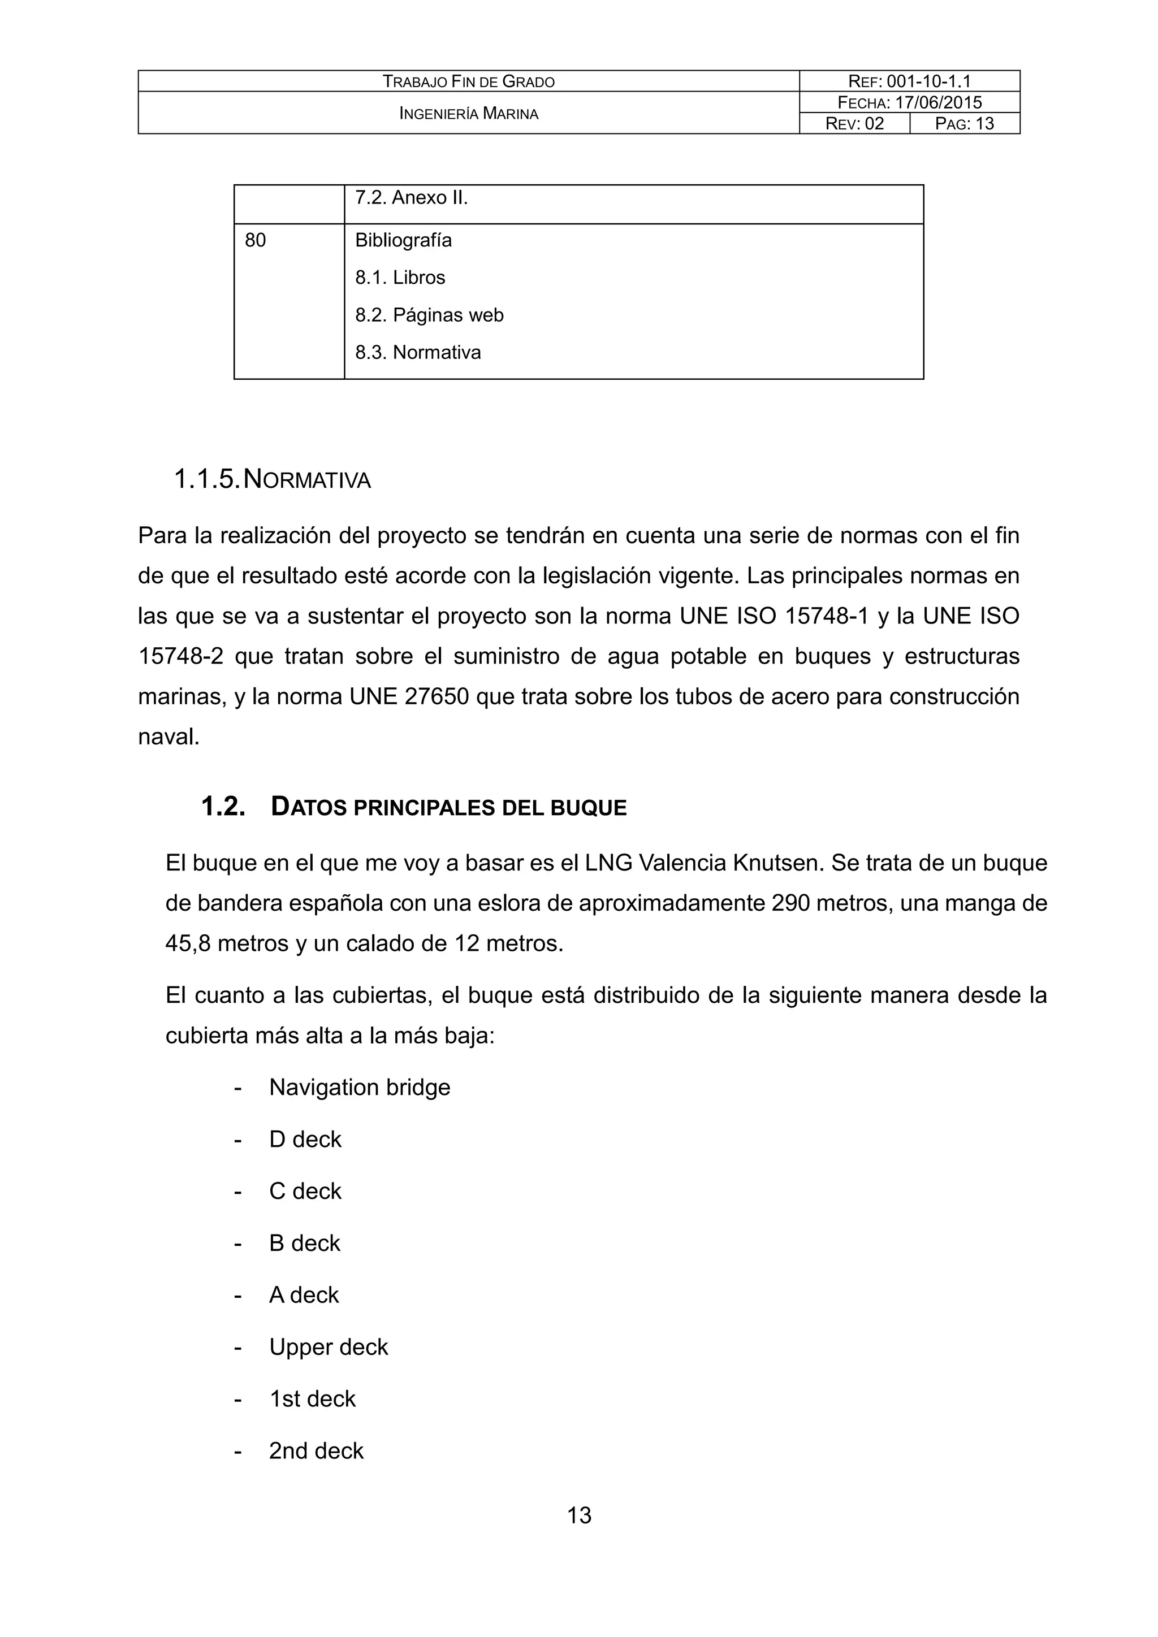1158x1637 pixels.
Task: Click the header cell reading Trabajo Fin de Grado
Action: tap(469, 81)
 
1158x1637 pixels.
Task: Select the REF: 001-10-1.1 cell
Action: tap(909, 81)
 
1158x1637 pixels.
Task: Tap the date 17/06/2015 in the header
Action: tap(939, 102)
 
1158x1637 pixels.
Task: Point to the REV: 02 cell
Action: tap(854, 123)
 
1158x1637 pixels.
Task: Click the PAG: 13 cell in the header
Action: tap(964, 123)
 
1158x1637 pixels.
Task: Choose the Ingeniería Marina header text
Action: tap(469, 112)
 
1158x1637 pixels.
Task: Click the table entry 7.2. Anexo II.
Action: tap(412, 197)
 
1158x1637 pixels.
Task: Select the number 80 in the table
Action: tap(255, 240)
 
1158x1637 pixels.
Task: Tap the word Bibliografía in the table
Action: tap(404, 240)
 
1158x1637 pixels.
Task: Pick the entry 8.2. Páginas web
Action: tap(429, 315)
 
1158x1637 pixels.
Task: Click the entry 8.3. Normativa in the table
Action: tap(418, 352)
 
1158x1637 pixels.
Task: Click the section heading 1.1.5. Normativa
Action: tap(273, 479)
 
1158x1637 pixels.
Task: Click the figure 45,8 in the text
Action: tap(188, 943)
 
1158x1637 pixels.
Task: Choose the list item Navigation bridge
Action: tap(360, 1088)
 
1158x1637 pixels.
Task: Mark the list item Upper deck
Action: tap(328, 1347)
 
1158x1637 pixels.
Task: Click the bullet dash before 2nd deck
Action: tap(238, 1451)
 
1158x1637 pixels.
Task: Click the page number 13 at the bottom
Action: tap(579, 1515)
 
